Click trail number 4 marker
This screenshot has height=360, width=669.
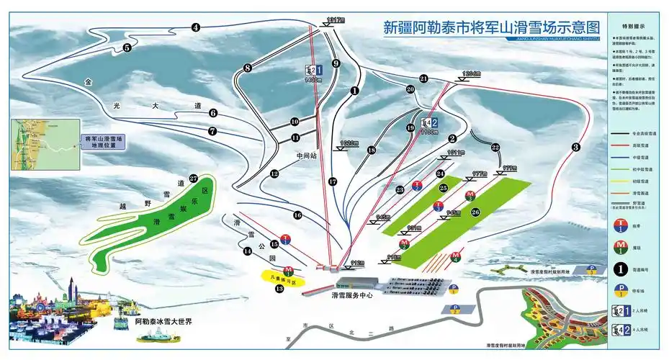196,27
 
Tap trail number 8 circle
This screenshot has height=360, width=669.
247,68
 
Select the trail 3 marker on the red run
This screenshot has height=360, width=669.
575,148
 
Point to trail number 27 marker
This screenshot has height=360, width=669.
193,179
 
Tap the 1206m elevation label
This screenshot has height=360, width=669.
471,73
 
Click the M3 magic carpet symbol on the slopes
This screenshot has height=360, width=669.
470,195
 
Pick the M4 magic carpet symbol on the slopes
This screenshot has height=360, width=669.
455,256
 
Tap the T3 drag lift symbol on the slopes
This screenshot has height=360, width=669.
438,207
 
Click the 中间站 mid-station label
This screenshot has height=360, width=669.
307,155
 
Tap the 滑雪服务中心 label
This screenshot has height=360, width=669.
352,294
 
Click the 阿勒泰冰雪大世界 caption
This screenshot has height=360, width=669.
163,321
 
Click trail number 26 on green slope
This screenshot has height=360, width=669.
475,212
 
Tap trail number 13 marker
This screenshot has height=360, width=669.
279,289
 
